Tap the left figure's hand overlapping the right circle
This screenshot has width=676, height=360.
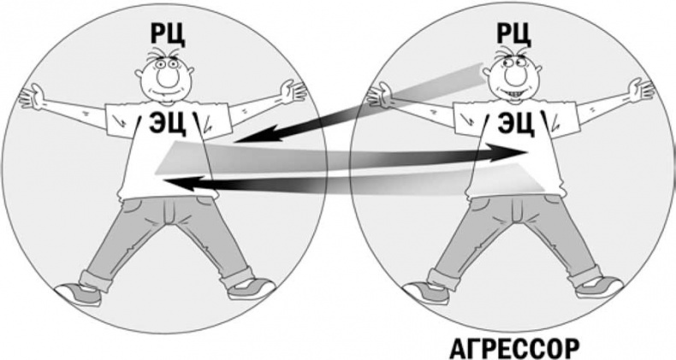tap(294, 89)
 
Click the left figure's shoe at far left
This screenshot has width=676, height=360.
tap(79, 293)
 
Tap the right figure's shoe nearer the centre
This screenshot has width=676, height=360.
tap(428, 292)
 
